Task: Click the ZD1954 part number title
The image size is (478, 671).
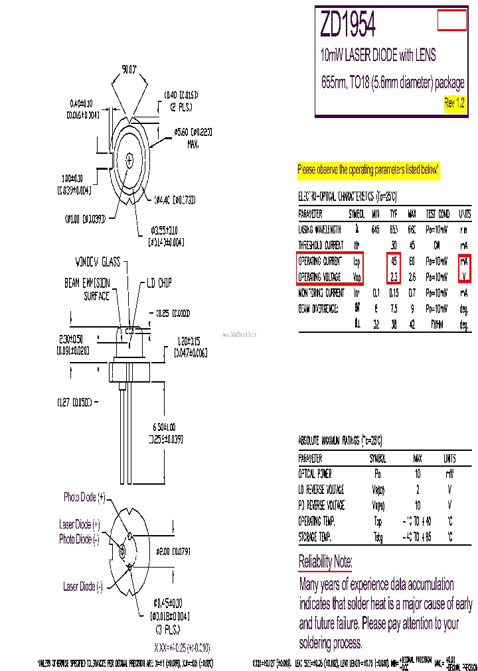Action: [349, 26]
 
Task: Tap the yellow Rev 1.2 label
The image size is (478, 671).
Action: [454, 103]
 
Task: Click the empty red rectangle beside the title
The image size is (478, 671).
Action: [452, 21]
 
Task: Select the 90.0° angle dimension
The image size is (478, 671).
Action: [129, 68]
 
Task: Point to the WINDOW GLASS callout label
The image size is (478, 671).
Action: [98, 262]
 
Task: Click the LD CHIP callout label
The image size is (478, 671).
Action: [155, 283]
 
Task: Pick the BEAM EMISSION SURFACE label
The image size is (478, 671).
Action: [86, 289]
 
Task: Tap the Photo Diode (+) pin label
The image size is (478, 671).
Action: [84, 497]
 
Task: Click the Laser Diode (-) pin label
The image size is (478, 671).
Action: [83, 586]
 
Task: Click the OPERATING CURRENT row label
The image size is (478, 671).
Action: [320, 261]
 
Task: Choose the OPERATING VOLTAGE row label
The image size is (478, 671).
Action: [320, 277]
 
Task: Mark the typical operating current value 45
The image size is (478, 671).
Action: [394, 261]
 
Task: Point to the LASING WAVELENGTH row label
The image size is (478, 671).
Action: [320, 229]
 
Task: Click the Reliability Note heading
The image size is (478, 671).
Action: [325, 562]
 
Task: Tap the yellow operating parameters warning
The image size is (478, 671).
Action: [368, 170]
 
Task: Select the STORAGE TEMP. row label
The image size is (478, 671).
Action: [315, 537]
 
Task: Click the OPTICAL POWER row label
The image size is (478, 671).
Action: [315, 474]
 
